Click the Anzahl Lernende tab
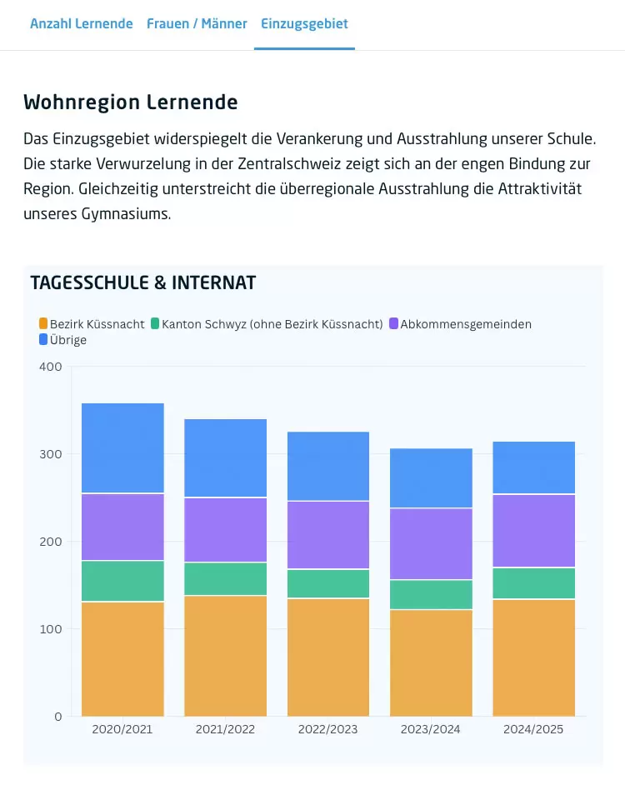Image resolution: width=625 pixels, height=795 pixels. tap(81, 24)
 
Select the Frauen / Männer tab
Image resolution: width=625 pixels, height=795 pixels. tap(197, 24)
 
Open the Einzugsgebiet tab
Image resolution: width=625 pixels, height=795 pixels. tap(304, 24)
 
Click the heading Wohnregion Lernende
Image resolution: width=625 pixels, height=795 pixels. tap(130, 102)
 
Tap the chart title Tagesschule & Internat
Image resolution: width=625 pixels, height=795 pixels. tap(143, 282)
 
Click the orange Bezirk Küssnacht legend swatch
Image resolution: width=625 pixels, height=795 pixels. tap(43, 323)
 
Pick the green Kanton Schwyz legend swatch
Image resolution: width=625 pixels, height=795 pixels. tap(155, 323)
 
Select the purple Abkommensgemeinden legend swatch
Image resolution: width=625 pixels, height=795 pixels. tap(394, 323)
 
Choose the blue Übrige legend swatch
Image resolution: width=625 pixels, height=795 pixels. tap(43, 339)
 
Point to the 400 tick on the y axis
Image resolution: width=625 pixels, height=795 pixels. tap(51, 367)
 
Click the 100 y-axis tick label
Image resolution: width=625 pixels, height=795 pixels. tap(51, 629)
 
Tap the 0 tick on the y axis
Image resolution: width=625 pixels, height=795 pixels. tap(58, 717)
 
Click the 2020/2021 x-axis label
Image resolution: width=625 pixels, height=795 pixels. tap(122, 729)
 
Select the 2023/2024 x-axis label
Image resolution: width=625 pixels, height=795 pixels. tap(430, 729)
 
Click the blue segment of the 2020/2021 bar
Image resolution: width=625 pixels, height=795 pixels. tap(122, 448)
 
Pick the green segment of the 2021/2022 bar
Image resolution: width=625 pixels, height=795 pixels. tap(226, 579)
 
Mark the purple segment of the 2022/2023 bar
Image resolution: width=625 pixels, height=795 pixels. tap(328, 535)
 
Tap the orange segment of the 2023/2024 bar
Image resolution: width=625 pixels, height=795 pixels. tap(431, 662)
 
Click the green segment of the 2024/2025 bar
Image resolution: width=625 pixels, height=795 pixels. tap(534, 583)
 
